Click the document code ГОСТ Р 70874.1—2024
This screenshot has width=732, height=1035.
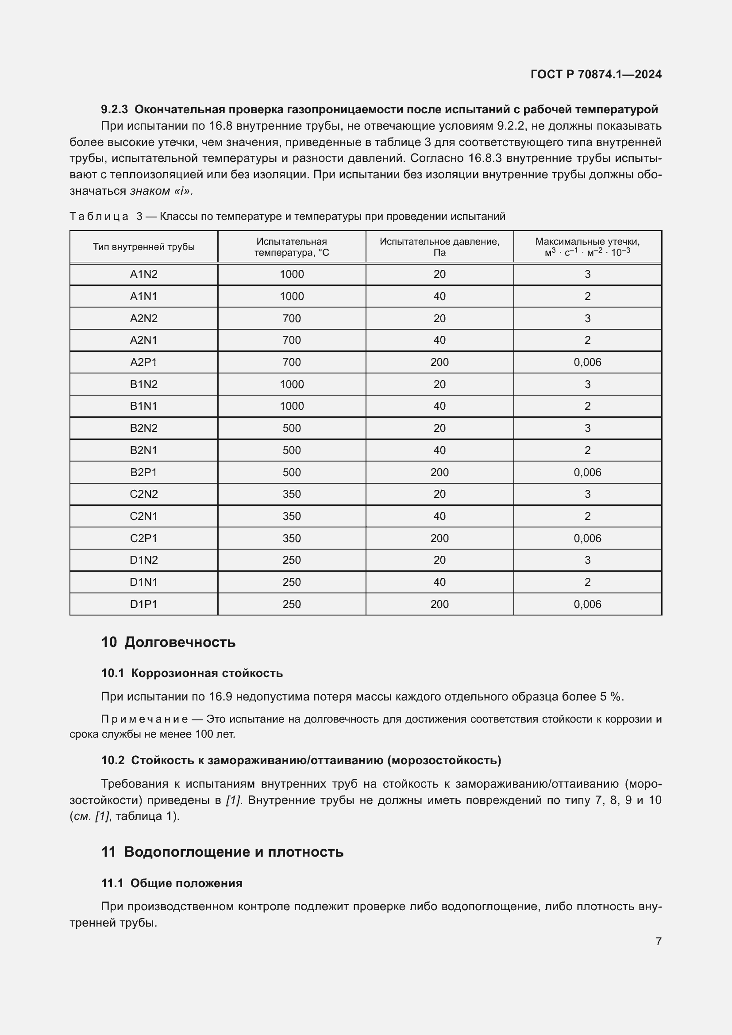[x=595, y=74]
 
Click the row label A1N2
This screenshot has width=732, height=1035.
[x=144, y=274]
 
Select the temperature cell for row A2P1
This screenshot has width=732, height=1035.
[x=292, y=362]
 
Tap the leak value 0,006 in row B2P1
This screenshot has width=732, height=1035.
[x=587, y=472]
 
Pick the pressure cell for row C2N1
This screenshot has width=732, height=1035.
[x=439, y=516]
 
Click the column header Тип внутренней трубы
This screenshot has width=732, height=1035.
[x=144, y=246]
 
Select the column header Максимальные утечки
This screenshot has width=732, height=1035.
[x=587, y=242]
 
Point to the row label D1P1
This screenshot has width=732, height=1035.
[x=144, y=604]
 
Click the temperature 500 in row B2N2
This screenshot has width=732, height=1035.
[x=292, y=428]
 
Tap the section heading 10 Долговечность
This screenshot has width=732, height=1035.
[x=168, y=642]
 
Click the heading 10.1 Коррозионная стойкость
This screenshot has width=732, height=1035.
[x=192, y=673]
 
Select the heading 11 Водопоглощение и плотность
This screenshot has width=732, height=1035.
[x=222, y=851]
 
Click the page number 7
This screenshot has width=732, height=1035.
[x=658, y=941]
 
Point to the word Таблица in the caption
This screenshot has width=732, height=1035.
[x=99, y=216]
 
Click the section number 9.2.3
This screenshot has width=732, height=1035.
[x=115, y=110]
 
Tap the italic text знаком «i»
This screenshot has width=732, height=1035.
[x=162, y=191]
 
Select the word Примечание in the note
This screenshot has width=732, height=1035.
[x=144, y=719]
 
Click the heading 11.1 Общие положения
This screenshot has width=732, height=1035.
[x=172, y=883]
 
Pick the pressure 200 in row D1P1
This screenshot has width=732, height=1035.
[x=439, y=604]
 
